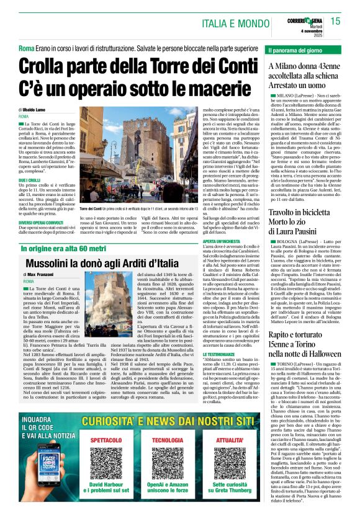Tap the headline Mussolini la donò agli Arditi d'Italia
click(96, 245)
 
